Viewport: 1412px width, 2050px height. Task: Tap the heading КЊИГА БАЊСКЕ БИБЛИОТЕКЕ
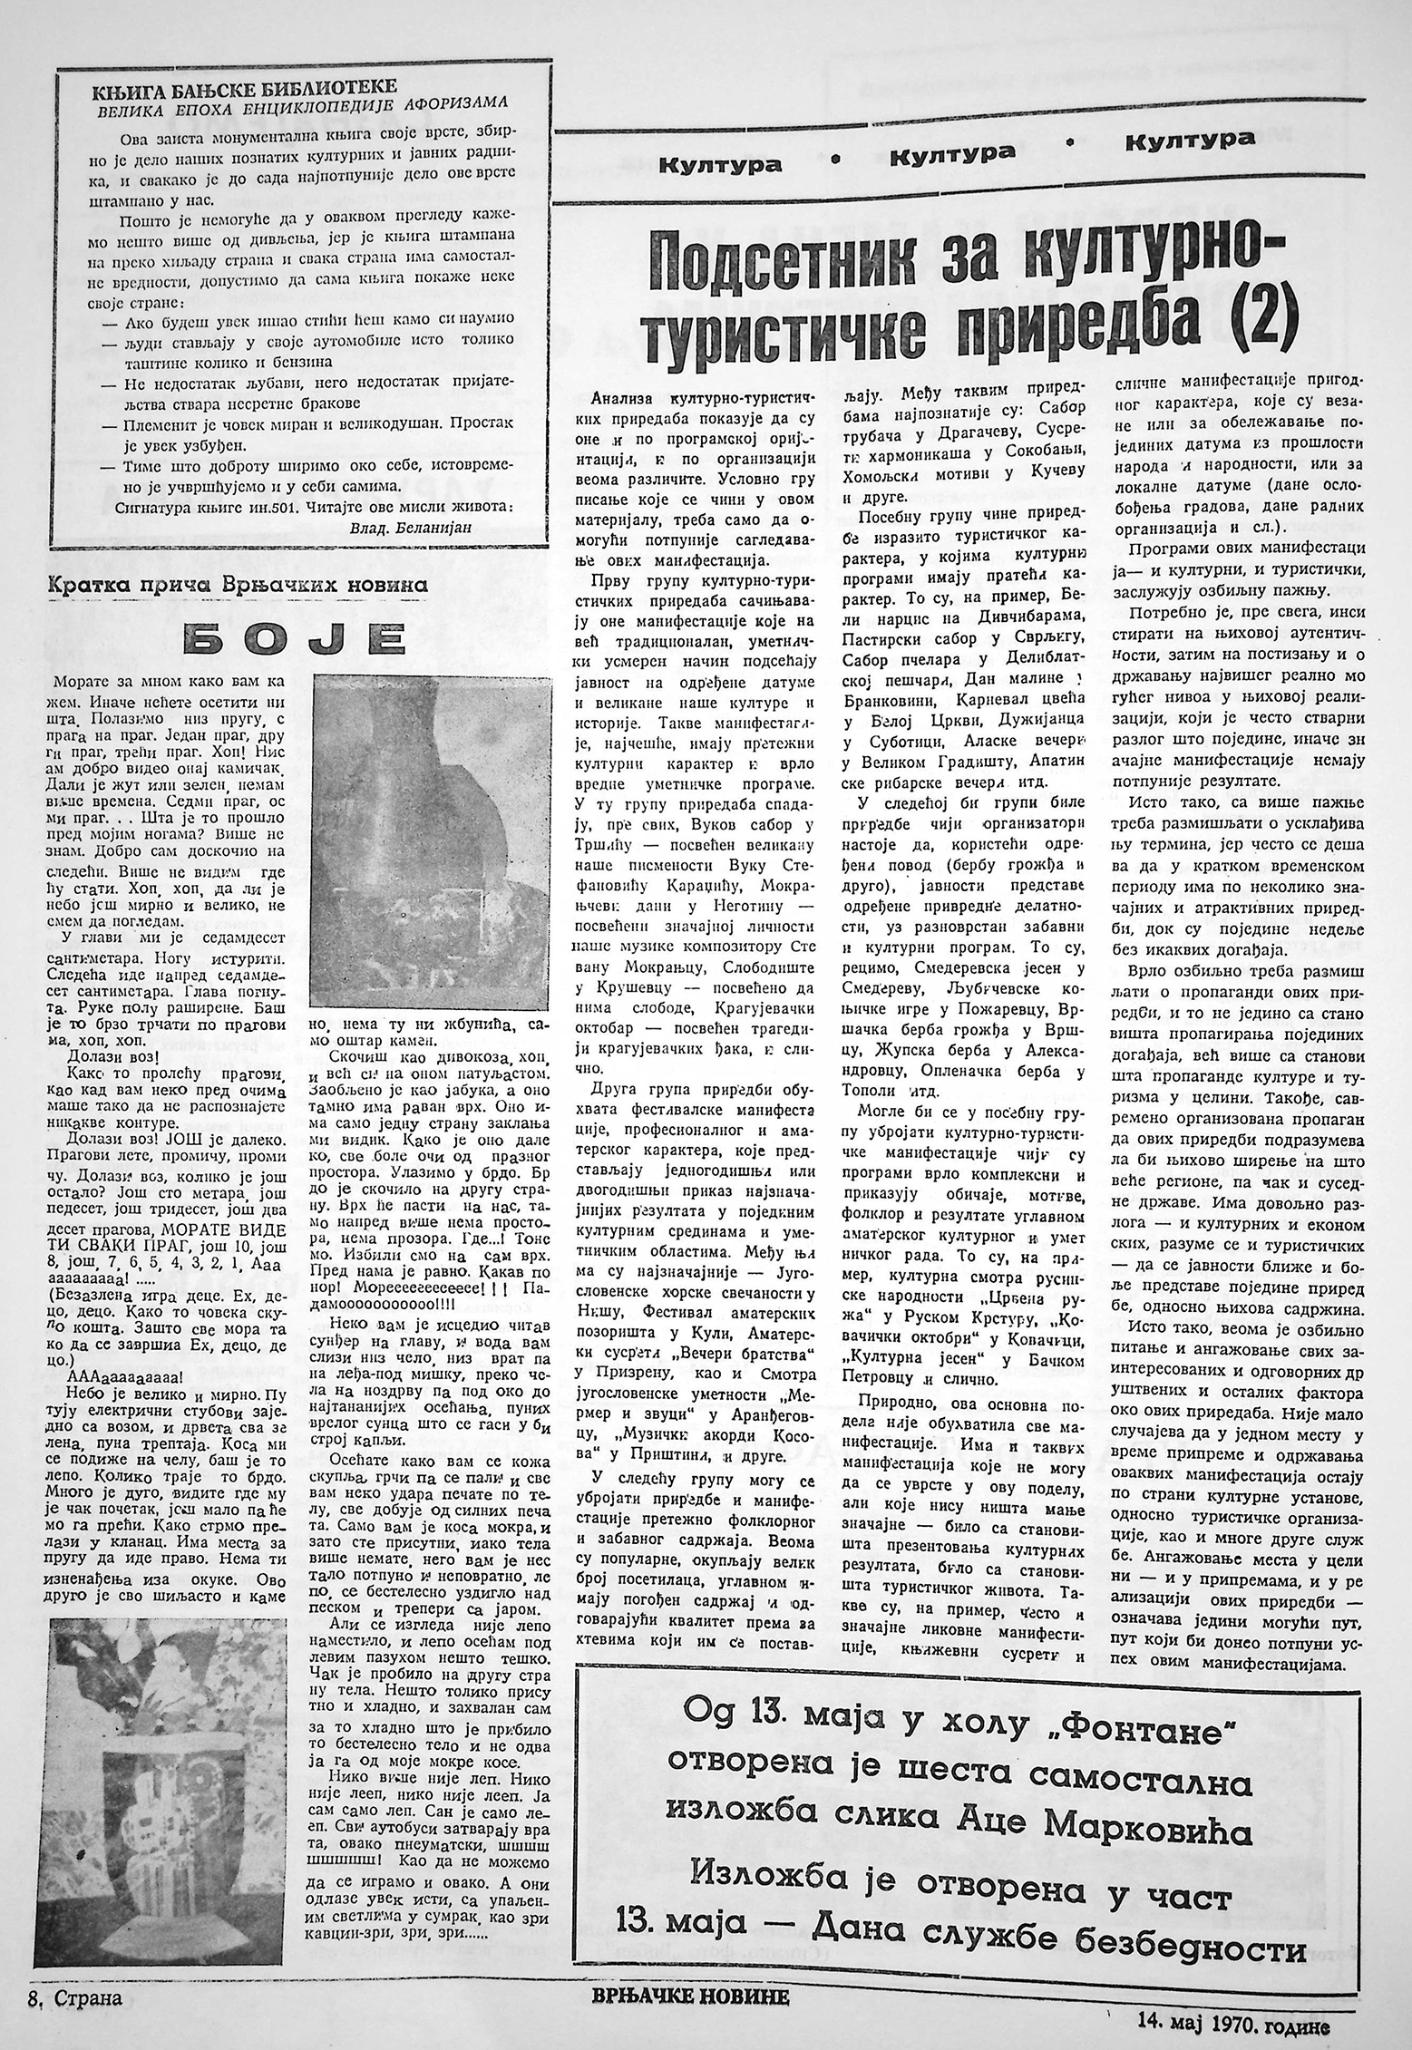click(x=246, y=87)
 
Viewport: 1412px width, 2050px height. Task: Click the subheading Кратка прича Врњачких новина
click(x=239, y=586)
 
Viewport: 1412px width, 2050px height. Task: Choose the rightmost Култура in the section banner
click(x=1190, y=141)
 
